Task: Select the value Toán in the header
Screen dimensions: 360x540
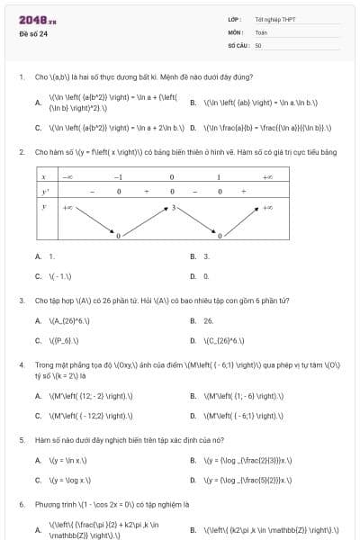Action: click(261, 31)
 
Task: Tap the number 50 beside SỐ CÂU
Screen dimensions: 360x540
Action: click(258, 44)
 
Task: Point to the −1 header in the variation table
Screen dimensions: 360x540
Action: click(118, 178)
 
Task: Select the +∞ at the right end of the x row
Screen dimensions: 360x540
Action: click(267, 178)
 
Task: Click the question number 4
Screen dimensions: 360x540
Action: click(21, 365)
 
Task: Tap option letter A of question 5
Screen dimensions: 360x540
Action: click(38, 461)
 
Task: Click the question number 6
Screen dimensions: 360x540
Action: click(21, 505)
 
